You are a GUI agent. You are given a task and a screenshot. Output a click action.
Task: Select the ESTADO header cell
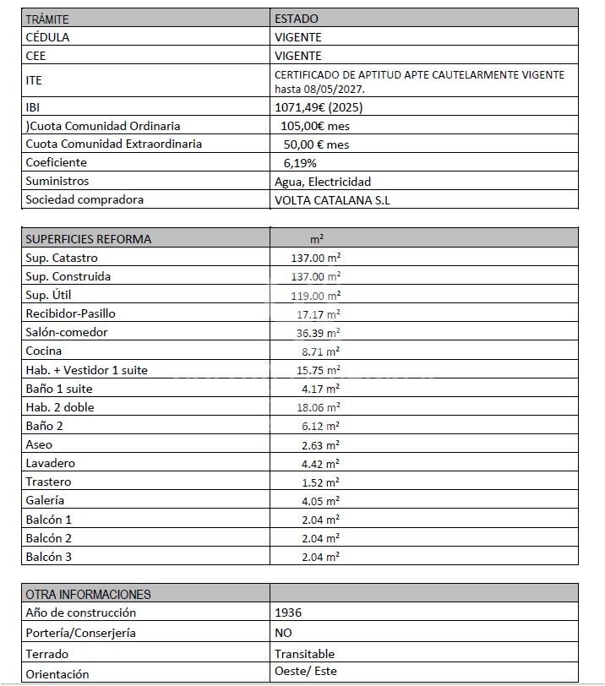297,19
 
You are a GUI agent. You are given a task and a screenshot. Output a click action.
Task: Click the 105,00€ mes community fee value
316,126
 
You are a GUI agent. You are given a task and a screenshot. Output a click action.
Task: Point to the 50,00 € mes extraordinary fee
316,144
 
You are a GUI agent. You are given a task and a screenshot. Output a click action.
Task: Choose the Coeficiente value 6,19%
300,163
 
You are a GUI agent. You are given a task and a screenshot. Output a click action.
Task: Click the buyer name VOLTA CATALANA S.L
333,200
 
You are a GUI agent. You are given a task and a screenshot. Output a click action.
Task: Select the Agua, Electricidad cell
323,182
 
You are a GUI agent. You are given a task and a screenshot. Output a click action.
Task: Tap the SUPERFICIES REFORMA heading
89,239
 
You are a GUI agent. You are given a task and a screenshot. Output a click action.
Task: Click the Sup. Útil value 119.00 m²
315,296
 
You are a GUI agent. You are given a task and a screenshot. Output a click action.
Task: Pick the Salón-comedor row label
67,332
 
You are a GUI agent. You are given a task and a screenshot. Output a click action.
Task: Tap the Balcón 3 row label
49,557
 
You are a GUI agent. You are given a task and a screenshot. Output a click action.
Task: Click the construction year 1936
288,613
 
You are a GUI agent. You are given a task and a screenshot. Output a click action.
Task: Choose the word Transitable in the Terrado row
304,654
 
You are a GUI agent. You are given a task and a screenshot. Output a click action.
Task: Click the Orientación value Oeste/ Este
305,673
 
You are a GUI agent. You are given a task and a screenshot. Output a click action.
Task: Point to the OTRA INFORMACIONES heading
88,595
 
